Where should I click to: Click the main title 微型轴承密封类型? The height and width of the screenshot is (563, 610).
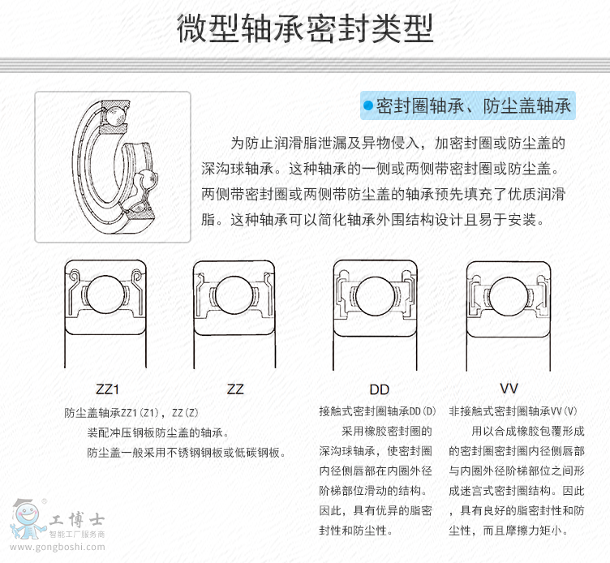pyautogui.click(x=305, y=28)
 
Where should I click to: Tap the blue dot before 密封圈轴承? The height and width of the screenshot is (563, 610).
pyautogui.click(x=368, y=105)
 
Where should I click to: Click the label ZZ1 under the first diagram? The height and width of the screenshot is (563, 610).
pyautogui.click(x=107, y=389)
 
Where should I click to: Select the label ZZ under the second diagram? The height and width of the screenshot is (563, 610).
pyautogui.click(x=235, y=389)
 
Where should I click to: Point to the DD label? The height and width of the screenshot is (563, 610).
pyautogui.click(x=380, y=389)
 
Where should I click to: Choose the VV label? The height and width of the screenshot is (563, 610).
pyautogui.click(x=509, y=389)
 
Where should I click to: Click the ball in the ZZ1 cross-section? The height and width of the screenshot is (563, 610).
pyautogui.click(x=105, y=294)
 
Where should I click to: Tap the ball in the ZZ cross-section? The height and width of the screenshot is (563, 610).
pyautogui.click(x=234, y=295)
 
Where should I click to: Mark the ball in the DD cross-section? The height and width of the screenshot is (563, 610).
pyautogui.click(x=376, y=296)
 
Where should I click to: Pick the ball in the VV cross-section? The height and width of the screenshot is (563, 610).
pyautogui.click(x=509, y=296)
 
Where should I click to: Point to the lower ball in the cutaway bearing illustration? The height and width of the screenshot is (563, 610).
pyautogui.click(x=147, y=180)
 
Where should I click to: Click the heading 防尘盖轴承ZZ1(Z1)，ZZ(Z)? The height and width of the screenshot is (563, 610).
pyautogui.click(x=131, y=413)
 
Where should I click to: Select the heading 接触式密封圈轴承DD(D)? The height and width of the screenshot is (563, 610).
pyautogui.click(x=377, y=411)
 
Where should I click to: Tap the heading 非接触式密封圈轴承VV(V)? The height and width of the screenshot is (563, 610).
pyautogui.click(x=513, y=411)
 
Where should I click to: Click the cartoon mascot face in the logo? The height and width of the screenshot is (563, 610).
pyautogui.click(x=28, y=519)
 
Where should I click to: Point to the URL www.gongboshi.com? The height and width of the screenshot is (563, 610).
pyautogui.click(x=57, y=547)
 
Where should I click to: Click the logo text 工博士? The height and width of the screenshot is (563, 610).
pyautogui.click(x=76, y=519)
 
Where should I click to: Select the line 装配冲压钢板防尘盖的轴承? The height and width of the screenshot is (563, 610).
pyautogui.click(x=157, y=432)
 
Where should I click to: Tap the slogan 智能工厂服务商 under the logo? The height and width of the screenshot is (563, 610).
pyautogui.click(x=76, y=535)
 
